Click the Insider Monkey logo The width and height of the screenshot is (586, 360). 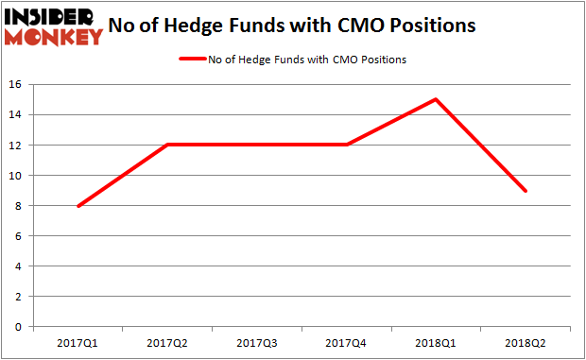click(x=54, y=26)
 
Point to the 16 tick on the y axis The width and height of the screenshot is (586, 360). click(x=16, y=85)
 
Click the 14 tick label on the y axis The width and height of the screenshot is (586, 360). click(x=16, y=115)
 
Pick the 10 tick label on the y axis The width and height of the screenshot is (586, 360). click(x=16, y=176)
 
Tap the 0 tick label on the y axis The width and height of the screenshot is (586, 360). click(x=20, y=327)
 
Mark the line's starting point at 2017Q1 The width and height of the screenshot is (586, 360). click(x=78, y=205)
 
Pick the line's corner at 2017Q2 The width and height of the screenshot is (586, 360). click(x=168, y=145)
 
